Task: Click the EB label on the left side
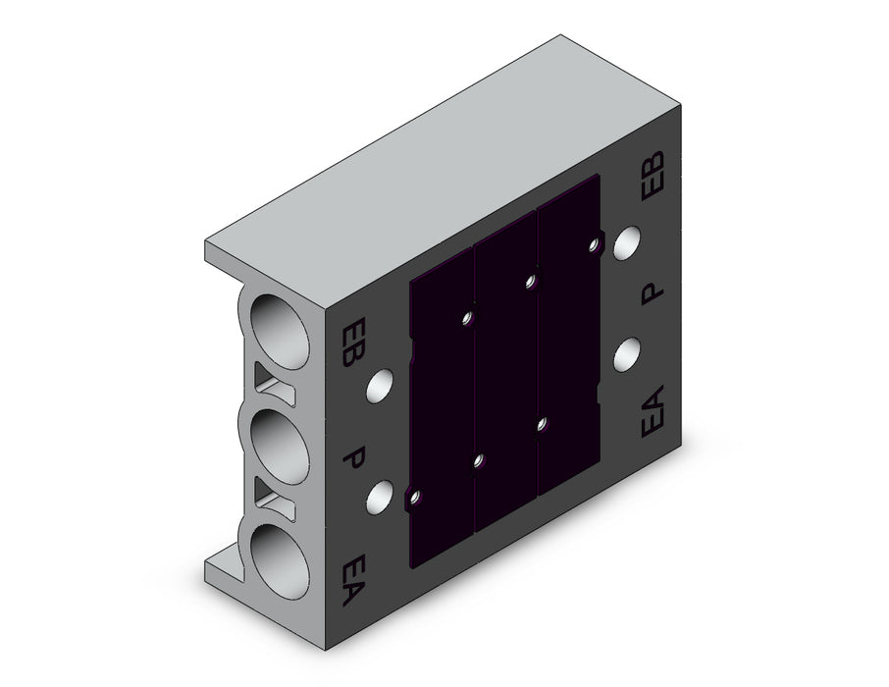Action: [354, 343]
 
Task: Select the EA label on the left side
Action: [354, 579]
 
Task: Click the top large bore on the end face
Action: [280, 332]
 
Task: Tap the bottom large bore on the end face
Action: [280, 561]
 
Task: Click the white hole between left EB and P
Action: [380, 387]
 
